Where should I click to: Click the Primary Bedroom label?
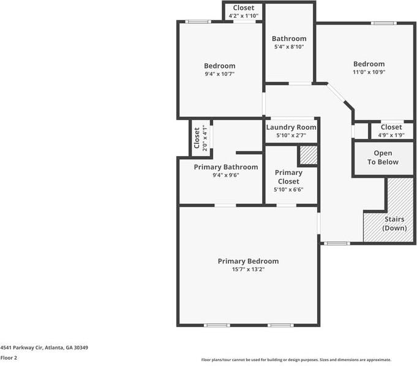point(248,261)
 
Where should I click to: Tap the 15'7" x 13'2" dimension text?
point(248,269)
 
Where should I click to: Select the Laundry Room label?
point(291,127)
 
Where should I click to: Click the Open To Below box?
point(383,158)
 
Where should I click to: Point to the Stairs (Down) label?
point(394,223)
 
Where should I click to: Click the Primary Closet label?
point(288,177)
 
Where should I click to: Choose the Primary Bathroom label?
point(225,167)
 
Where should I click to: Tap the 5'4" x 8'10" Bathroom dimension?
point(288,47)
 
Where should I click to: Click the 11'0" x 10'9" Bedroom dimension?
point(369,72)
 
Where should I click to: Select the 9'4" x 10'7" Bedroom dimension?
point(219,73)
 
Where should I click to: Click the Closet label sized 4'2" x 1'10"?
point(243,8)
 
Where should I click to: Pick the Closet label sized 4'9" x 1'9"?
point(391,127)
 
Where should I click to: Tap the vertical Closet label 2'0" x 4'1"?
point(197,138)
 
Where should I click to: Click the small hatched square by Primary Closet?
point(308,155)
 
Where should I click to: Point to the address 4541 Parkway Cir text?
point(44,348)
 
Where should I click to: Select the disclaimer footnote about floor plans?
point(296,360)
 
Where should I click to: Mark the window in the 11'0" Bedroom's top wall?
point(383,23)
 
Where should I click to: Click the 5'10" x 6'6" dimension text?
point(288,190)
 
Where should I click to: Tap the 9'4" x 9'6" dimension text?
point(225,175)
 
